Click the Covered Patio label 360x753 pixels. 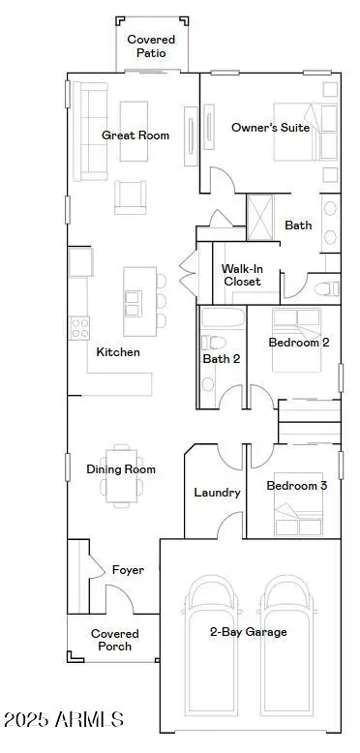(151, 46)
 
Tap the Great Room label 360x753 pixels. (135, 136)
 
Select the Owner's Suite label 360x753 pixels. (270, 127)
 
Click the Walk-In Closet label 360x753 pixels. (242, 275)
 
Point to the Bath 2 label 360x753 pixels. (221, 359)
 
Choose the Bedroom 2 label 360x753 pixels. (298, 343)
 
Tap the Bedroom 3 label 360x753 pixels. (297, 486)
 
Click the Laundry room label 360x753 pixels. (217, 493)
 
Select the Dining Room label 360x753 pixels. (121, 469)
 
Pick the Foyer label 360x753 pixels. (128, 570)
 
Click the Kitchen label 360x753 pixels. (118, 352)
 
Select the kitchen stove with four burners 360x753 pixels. (78, 327)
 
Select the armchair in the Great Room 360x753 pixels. (133, 197)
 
